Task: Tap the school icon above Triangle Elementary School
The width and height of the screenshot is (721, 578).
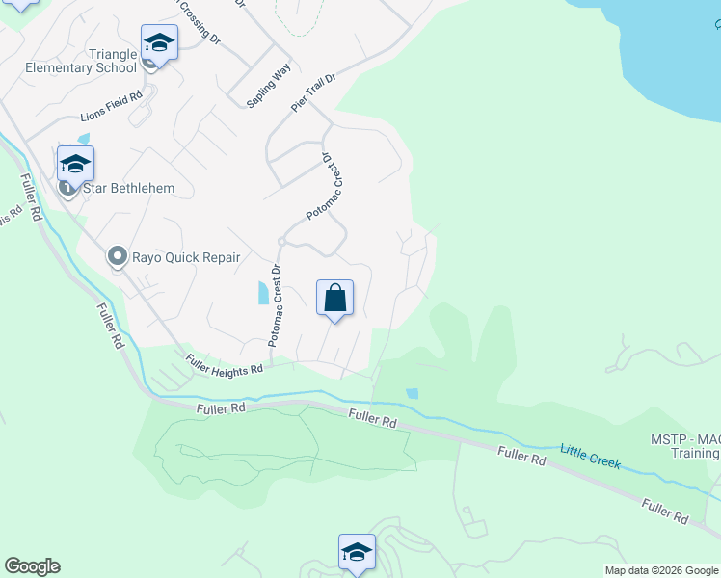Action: pos(159,42)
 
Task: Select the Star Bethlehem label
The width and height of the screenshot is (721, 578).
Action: pos(128,188)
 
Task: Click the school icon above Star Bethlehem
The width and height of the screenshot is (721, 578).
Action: pos(75,164)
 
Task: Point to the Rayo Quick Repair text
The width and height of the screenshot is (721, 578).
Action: pos(186,257)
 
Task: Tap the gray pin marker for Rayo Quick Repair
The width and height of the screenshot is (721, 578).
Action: pos(118,256)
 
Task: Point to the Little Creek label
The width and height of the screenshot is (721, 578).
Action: pos(591,456)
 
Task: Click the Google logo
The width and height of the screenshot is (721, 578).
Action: pos(32,566)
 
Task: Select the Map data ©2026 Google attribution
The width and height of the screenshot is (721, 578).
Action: pos(661,570)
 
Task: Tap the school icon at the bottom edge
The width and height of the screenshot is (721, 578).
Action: pos(357,553)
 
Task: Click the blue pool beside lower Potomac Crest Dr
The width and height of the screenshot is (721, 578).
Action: pos(263,293)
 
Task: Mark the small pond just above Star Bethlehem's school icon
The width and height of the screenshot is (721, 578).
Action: pos(82,139)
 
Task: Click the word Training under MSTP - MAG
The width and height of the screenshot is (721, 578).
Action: pos(694,454)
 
